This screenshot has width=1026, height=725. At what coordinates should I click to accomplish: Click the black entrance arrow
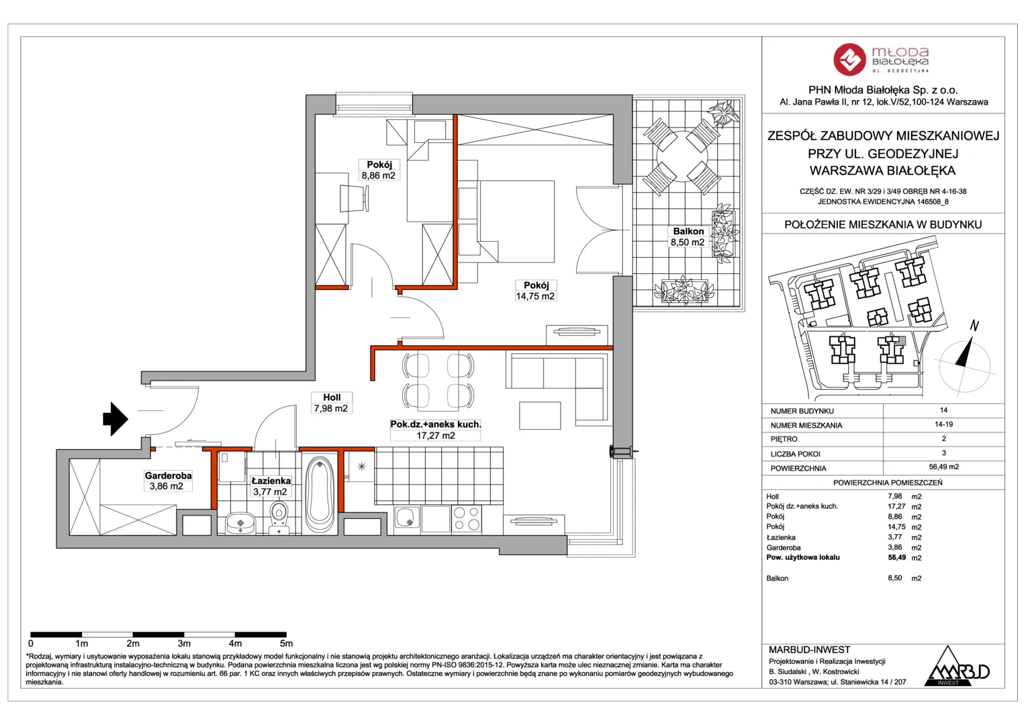(x=115, y=419)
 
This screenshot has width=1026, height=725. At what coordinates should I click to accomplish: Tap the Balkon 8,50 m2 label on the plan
(x=688, y=237)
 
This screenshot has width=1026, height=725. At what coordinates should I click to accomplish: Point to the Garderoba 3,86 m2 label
(x=168, y=481)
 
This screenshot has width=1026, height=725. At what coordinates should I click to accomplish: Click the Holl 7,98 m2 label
(x=331, y=403)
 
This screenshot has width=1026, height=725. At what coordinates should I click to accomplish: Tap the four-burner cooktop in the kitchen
(x=466, y=519)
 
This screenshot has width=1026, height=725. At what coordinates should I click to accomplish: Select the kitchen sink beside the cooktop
(x=407, y=519)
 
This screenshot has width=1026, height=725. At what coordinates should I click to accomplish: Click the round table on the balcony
(x=682, y=156)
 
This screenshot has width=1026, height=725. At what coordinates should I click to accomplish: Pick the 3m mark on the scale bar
(x=184, y=644)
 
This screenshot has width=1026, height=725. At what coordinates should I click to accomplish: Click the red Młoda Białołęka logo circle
(x=849, y=59)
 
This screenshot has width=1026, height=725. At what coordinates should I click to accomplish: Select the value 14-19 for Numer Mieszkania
(x=943, y=424)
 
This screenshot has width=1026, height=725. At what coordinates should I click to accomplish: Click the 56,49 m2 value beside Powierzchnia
(x=943, y=467)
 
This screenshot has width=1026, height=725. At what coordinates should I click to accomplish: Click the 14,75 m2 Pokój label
(x=535, y=291)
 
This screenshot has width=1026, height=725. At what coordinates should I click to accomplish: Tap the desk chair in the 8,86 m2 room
(x=354, y=198)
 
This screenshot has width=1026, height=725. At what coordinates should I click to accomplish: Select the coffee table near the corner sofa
(x=540, y=416)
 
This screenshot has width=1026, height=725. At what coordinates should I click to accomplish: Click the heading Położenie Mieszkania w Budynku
(x=883, y=224)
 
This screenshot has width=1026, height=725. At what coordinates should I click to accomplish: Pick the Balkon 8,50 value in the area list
(x=895, y=578)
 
